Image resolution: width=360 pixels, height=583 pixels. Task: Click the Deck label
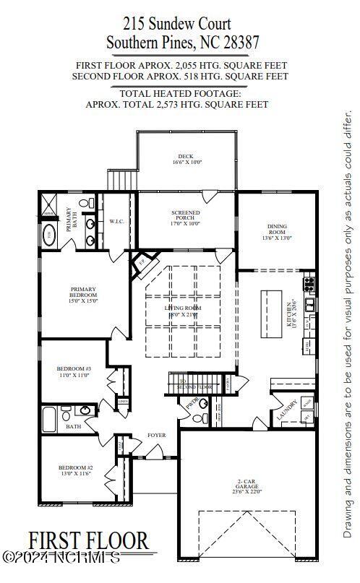coord(186,160)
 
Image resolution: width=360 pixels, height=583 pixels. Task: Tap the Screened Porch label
coord(186,217)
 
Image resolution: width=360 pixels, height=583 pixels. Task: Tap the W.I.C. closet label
coord(118,221)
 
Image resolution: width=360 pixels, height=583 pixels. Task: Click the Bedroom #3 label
coord(74,372)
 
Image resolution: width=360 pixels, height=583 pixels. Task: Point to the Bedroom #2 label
coord(76,471)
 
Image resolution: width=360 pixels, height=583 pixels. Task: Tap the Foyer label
coord(156,436)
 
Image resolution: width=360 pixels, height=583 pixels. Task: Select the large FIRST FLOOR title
coord(89,540)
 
